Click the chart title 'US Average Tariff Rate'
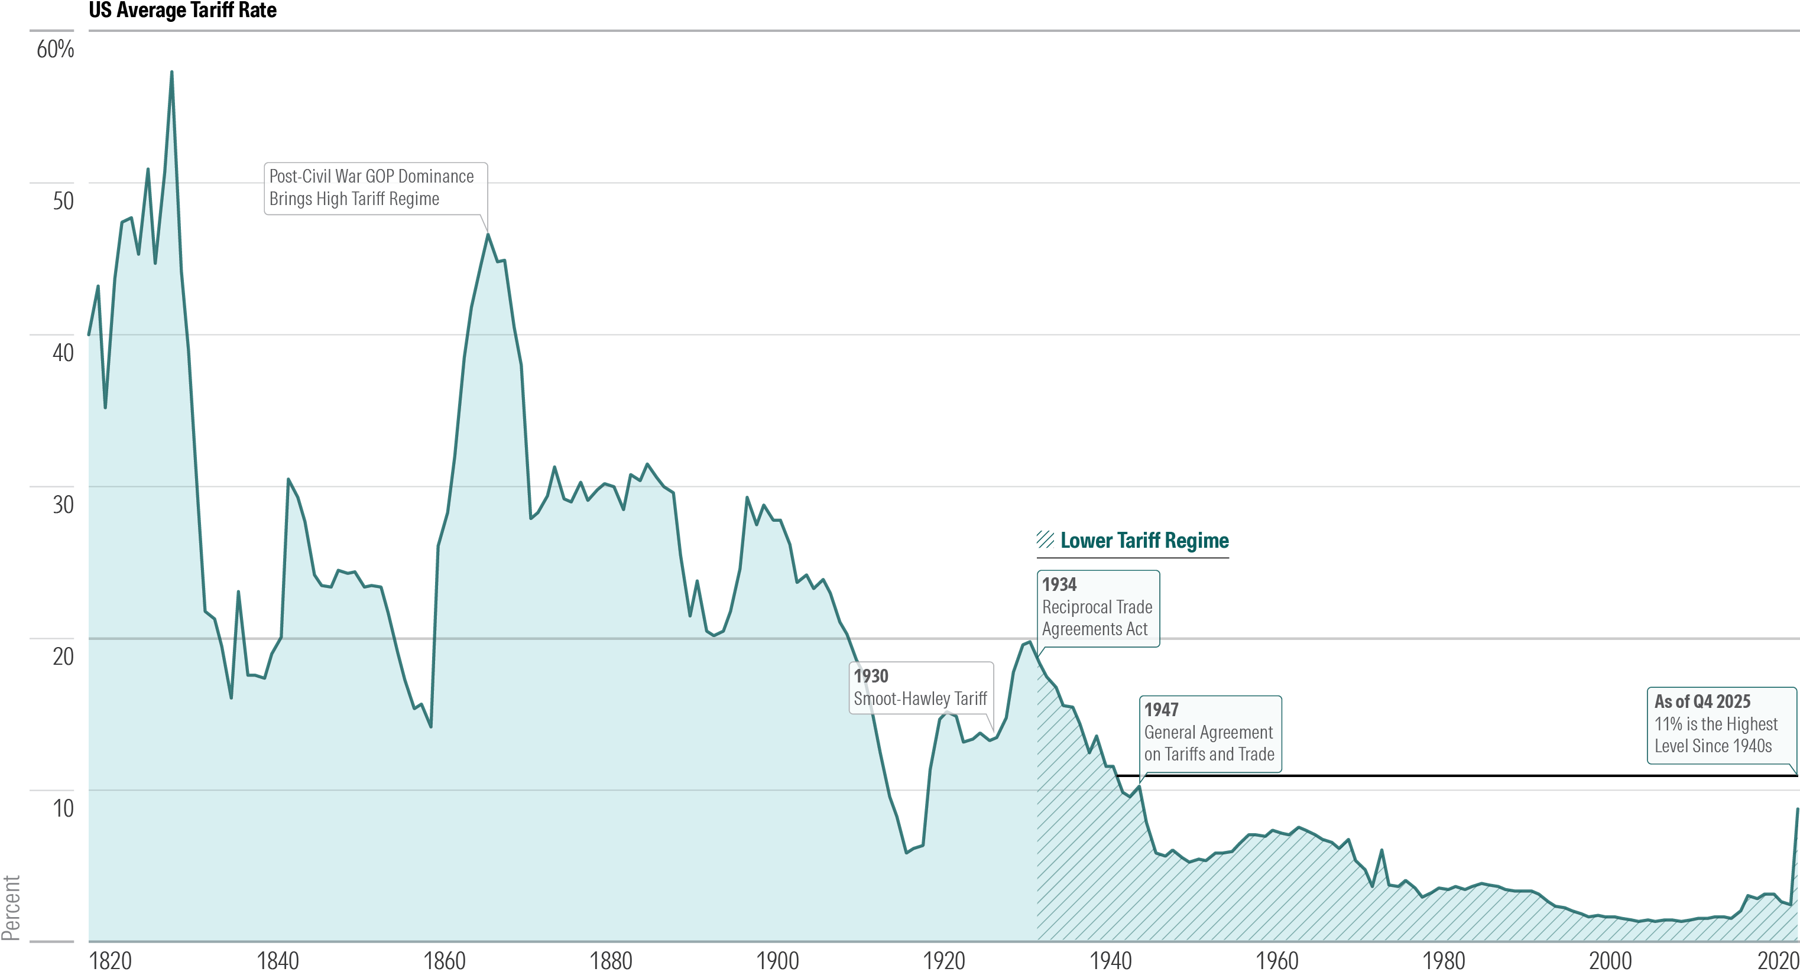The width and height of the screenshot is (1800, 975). [183, 11]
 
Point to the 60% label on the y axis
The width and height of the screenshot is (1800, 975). [55, 50]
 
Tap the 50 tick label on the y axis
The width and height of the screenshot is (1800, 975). [63, 201]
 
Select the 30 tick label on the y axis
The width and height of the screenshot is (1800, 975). [63, 504]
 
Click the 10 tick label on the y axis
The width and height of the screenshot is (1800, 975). [63, 808]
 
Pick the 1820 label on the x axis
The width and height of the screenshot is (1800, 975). [111, 961]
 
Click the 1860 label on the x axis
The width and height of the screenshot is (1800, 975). [445, 961]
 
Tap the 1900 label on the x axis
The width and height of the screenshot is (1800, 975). [778, 961]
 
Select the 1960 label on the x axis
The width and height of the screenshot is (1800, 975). [1277, 961]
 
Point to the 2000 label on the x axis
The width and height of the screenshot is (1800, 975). [1611, 961]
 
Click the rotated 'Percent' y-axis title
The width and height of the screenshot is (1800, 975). [11, 908]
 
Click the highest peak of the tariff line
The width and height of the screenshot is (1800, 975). [172, 73]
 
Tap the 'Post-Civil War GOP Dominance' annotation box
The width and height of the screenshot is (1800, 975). [375, 188]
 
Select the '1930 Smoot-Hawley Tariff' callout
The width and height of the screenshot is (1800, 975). [920, 688]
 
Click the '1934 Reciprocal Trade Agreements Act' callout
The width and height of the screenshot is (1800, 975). [1097, 607]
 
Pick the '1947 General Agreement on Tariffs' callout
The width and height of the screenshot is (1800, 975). [1209, 733]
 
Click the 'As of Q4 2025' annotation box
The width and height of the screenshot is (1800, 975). [1720, 724]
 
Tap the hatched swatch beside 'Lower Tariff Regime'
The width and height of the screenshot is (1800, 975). [1045, 540]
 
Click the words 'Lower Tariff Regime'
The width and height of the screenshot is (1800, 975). [1144, 541]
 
